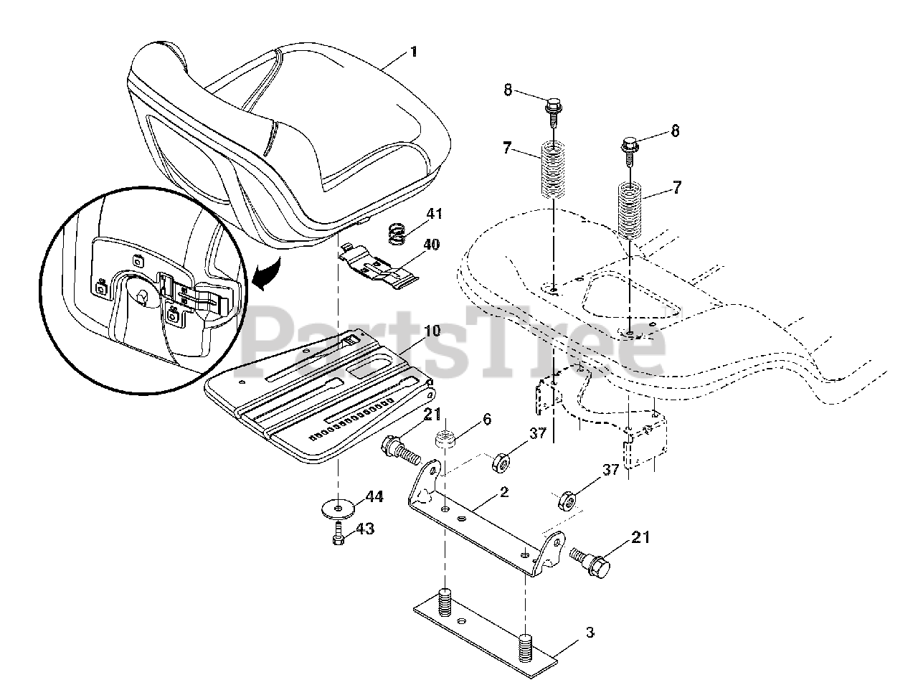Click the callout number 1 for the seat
[x=412, y=52]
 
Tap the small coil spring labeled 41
[x=397, y=233]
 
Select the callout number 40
[x=430, y=245]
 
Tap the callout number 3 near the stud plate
[x=590, y=633]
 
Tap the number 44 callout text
[x=374, y=496]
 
